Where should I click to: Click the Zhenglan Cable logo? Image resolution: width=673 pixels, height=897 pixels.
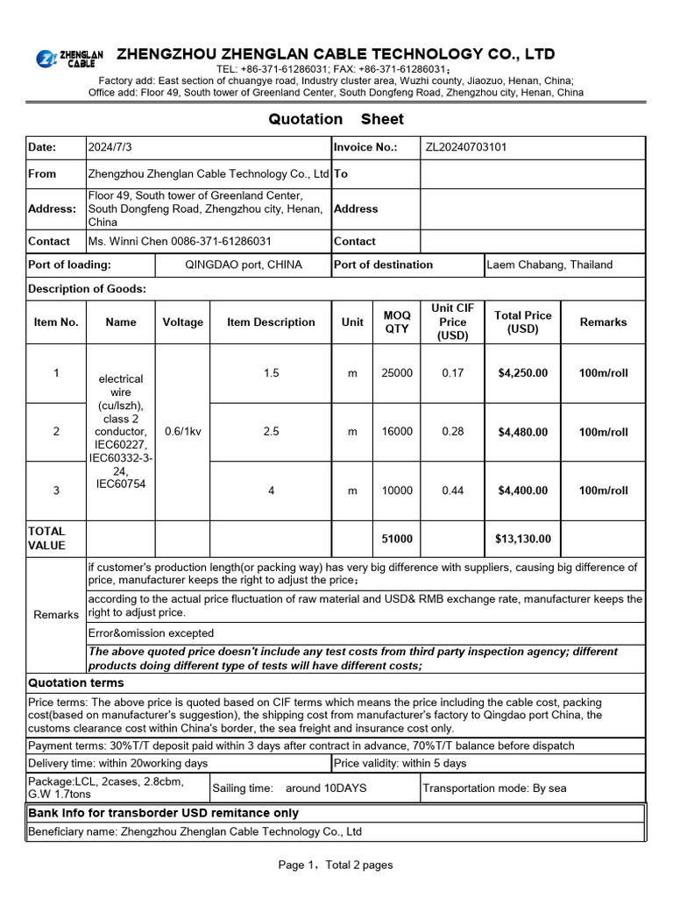coord(69,59)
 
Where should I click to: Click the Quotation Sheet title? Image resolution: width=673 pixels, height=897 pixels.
coord(336,119)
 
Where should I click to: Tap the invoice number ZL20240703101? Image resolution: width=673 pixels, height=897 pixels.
coord(465,147)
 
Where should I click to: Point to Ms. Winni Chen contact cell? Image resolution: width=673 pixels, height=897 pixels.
coord(180,241)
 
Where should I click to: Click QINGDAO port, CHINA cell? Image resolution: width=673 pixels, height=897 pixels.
coord(243,265)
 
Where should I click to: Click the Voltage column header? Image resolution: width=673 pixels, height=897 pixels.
coord(182,322)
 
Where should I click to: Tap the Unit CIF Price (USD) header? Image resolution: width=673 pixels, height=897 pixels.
coord(452,321)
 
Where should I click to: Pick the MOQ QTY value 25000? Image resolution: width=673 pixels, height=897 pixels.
coord(396,373)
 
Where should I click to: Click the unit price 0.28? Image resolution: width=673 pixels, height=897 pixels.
coord(452,432)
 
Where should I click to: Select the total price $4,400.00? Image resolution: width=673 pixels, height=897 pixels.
coord(522,491)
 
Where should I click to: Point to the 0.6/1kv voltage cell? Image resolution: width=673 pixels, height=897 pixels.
coord(182,432)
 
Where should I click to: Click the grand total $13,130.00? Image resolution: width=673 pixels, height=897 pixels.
coord(522,539)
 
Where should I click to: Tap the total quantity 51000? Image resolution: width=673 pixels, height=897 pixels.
coord(396,539)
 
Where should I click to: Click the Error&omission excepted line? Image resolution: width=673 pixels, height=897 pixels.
coord(151,633)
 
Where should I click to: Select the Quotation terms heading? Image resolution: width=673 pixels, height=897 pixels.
coord(76,683)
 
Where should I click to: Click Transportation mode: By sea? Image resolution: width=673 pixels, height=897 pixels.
coord(494,788)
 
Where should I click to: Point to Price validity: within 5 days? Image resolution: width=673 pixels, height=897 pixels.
coord(400,764)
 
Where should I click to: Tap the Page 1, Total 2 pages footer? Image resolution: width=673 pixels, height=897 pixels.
coord(336,865)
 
